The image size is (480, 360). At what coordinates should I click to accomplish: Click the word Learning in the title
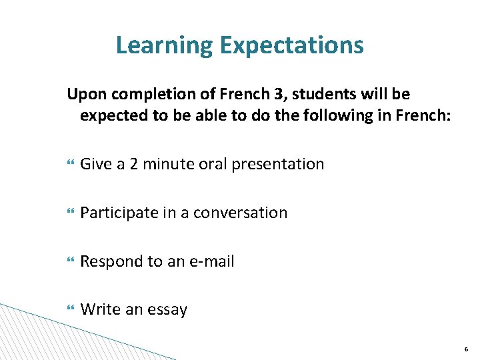coord(164,45)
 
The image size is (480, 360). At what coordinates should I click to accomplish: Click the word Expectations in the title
coord(291,45)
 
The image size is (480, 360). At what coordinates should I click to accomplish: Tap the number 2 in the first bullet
coord(132,164)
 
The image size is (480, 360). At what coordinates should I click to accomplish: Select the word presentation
coord(277,164)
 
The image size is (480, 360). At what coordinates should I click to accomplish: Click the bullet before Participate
coord(69,213)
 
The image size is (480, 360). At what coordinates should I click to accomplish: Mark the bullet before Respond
coord(69,262)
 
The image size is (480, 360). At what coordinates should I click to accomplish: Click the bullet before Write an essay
coord(69,310)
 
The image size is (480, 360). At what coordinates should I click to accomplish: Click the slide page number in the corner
coord(465,349)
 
